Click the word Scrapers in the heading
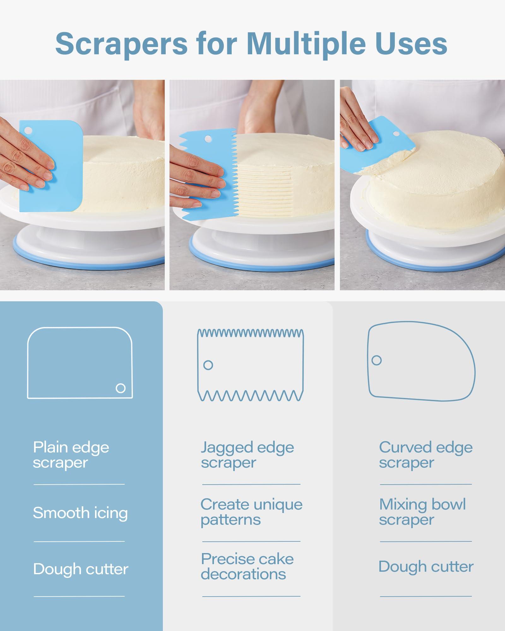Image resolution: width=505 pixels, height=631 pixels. click(x=122, y=44)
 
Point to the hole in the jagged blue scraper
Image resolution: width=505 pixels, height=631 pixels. click(x=208, y=139)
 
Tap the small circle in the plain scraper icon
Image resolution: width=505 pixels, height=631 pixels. click(x=121, y=388)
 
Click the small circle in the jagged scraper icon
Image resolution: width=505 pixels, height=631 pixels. click(x=208, y=365)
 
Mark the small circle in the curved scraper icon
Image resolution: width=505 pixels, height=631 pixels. click(x=377, y=360)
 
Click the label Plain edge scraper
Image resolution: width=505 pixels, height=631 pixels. click(x=71, y=455)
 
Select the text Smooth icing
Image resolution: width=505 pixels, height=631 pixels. click(x=80, y=513)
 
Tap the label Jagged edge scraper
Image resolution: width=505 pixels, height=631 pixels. click(x=247, y=455)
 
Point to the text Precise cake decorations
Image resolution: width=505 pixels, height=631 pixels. click(x=247, y=566)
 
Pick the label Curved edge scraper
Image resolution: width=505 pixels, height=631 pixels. click(x=426, y=455)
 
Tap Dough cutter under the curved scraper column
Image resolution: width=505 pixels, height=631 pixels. click(x=426, y=567)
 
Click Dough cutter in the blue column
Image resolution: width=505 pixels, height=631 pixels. click(x=81, y=569)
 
